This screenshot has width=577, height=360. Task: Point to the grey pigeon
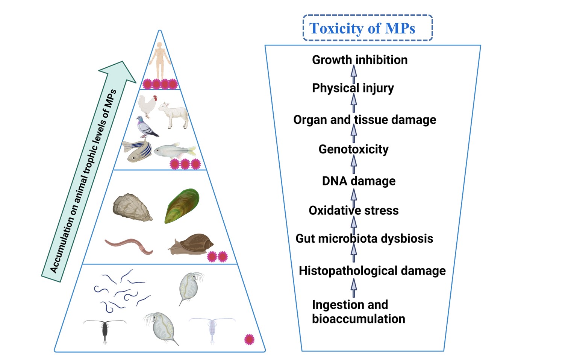(146, 127)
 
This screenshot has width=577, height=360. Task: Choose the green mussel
(182, 205)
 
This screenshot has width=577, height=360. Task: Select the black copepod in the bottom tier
(105, 330)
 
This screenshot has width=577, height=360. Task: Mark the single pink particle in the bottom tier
(249, 339)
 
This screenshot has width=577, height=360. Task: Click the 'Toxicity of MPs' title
(362, 29)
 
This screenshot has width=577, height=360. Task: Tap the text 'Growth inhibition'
(360, 60)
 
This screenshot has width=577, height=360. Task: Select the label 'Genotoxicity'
(353, 149)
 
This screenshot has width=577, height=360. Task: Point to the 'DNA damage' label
(359, 181)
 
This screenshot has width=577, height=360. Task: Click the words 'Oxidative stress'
(353, 210)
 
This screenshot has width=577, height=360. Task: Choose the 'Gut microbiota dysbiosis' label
(364, 238)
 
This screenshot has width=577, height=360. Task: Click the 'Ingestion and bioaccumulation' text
(358, 311)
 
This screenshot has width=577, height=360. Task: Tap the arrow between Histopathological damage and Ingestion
(354, 288)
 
